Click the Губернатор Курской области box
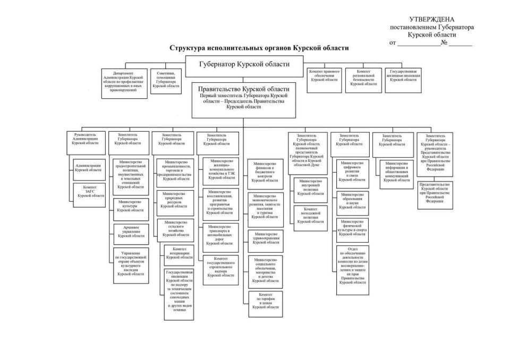(244, 65)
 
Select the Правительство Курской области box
(244, 99)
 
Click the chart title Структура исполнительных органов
(259, 48)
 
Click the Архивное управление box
(131, 232)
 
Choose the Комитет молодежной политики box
(311, 217)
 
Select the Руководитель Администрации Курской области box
(86, 139)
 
